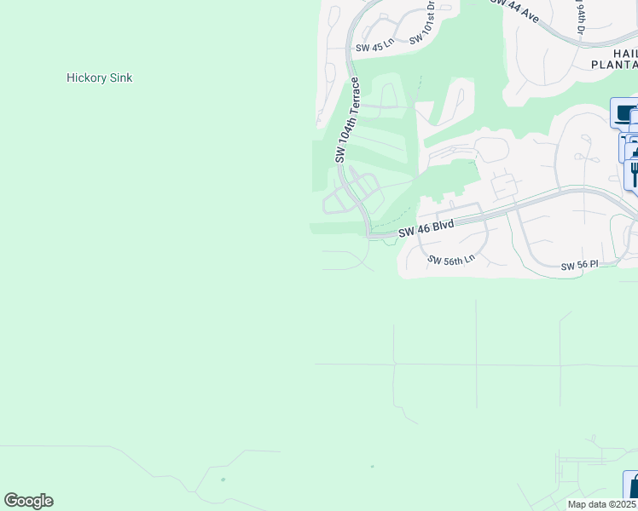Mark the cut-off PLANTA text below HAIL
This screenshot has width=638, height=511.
coord(614,64)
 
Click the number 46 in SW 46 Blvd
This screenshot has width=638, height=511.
coord(418,230)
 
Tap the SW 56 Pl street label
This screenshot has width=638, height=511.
coord(580,267)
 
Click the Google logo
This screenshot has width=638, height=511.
coord(28,501)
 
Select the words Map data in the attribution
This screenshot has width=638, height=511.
coord(587,504)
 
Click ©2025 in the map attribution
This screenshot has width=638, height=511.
coord(623,504)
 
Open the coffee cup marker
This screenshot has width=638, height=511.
coord(625,113)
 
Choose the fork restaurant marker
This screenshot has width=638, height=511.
coord(634,173)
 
